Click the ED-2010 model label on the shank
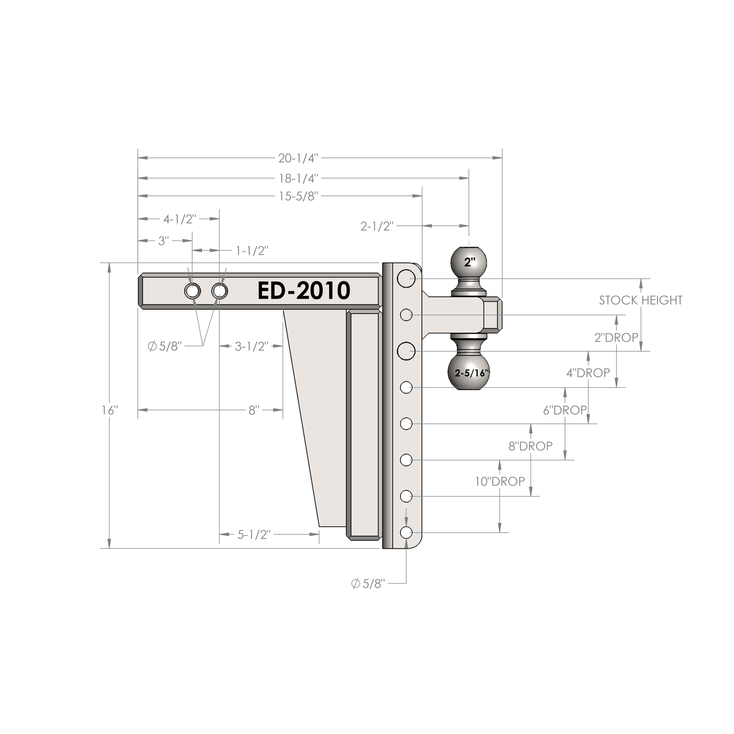click(304, 291)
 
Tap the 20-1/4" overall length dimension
click(298, 158)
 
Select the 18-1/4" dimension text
click(298, 178)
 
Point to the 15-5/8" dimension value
click(298, 196)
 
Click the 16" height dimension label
click(110, 410)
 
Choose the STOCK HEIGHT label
click(640, 300)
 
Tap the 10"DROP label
click(499, 482)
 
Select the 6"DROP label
click(565, 410)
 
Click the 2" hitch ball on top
click(468, 261)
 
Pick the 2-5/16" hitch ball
click(469, 372)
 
